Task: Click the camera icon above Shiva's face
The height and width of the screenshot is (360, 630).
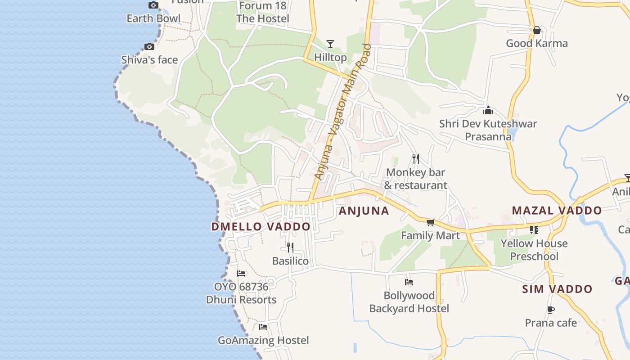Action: pyautogui.click(x=149, y=46)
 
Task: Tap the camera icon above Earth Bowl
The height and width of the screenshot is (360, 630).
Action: pyautogui.click(x=153, y=5)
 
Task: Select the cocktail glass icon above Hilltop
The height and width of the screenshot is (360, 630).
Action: pyautogui.click(x=330, y=44)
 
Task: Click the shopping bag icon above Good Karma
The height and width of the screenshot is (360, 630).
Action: pyautogui.click(x=537, y=30)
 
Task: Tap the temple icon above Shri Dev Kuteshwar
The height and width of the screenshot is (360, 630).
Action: pyautogui.click(x=488, y=110)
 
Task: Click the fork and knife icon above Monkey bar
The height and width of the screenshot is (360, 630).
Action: pyautogui.click(x=416, y=158)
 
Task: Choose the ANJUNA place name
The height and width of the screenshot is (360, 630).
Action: pyautogui.click(x=364, y=211)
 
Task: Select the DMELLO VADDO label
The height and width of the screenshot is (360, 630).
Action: pyautogui.click(x=261, y=226)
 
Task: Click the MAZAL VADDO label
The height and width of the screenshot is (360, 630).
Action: pyautogui.click(x=557, y=210)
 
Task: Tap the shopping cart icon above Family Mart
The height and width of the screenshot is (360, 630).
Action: pyautogui.click(x=431, y=222)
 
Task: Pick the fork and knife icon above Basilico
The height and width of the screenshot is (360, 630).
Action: pyautogui.click(x=290, y=247)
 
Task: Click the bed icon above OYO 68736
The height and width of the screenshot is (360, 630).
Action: pyautogui.click(x=241, y=273)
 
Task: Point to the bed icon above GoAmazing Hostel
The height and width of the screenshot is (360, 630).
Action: pyautogui.click(x=263, y=327)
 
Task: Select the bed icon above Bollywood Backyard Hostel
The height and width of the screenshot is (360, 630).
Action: pyautogui.click(x=409, y=282)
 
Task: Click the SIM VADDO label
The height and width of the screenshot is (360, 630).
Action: pyautogui.click(x=557, y=289)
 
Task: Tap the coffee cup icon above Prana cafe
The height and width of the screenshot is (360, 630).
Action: pyautogui.click(x=551, y=310)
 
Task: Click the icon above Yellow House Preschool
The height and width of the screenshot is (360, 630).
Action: pyautogui.click(x=534, y=230)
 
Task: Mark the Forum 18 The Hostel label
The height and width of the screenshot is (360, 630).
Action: pyautogui.click(x=263, y=12)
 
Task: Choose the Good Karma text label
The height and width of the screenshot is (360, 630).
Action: pyautogui.click(x=537, y=43)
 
